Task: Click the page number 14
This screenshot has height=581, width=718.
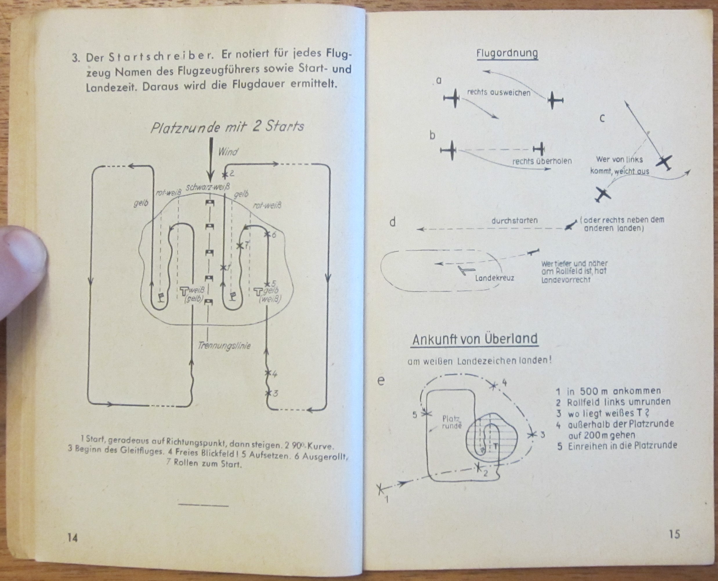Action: [x=73, y=538]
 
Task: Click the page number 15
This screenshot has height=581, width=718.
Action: [x=674, y=534]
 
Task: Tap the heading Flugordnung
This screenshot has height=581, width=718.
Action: [x=507, y=53]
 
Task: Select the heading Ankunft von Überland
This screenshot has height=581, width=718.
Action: [x=475, y=339]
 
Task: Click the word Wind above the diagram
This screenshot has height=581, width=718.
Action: [x=228, y=152]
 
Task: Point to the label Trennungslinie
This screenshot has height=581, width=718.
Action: [x=224, y=345]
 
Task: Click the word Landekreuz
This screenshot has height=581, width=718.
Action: [x=494, y=278]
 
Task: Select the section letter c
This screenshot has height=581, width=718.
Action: [x=602, y=119]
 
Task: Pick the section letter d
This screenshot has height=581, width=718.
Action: [x=393, y=222]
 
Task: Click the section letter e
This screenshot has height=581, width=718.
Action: [x=381, y=381]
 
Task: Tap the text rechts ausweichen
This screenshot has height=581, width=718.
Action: [x=498, y=93]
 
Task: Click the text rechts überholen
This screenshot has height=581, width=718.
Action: [x=542, y=161]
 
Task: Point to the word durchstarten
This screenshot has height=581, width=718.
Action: [x=514, y=220]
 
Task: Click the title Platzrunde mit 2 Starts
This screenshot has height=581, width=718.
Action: [x=227, y=127]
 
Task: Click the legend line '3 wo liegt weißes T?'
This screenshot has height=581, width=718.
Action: [x=602, y=413]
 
